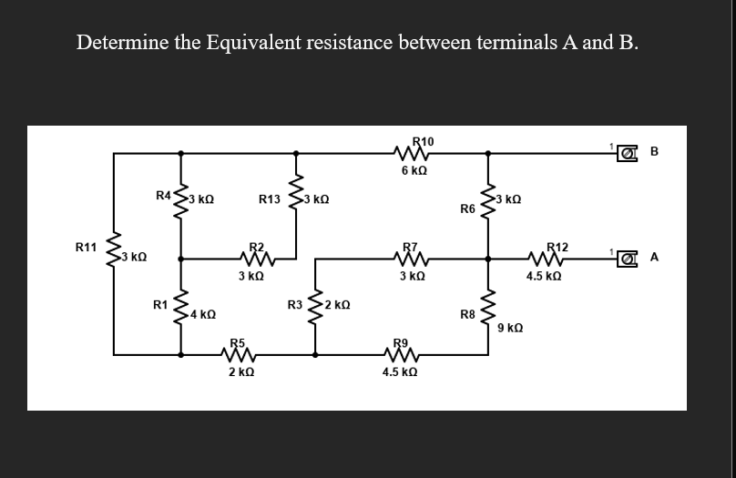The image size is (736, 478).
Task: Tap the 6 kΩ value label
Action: tap(415, 170)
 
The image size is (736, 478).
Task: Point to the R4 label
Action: tap(163, 195)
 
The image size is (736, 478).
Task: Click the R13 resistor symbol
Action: tap(293, 195)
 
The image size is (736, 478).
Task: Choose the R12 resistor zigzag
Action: tap(556, 258)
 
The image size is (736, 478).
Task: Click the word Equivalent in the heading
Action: tap(254, 43)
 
